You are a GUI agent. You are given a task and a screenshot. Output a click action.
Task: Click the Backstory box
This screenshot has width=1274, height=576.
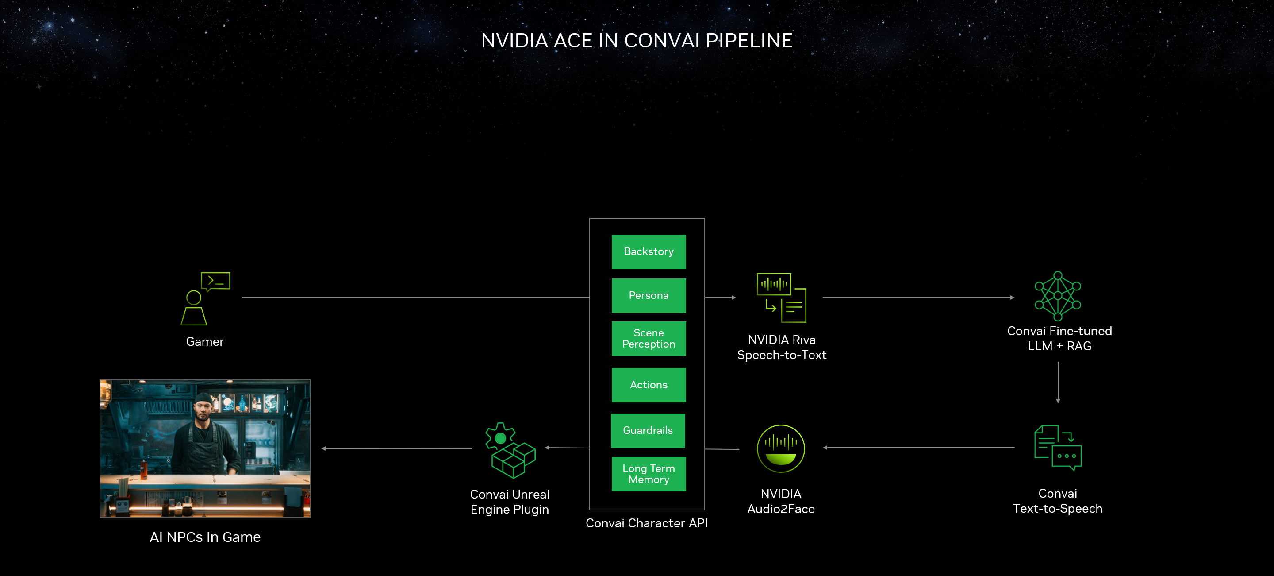pos(649,251)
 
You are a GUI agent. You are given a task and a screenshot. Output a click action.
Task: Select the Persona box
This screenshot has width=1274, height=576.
pos(649,295)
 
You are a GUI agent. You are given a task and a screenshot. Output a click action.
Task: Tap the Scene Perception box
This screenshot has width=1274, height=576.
pos(649,339)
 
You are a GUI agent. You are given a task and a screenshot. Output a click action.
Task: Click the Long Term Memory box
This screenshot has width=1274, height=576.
pos(649,474)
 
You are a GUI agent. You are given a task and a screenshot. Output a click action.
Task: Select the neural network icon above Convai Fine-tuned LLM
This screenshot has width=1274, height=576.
pos(1057,296)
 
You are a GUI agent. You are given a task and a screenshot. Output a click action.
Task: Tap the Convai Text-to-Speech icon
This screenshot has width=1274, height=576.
pos(1057,448)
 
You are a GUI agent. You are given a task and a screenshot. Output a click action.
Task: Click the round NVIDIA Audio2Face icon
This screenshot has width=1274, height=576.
pos(780,448)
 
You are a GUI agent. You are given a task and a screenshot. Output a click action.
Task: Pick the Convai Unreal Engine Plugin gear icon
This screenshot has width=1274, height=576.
pos(510,450)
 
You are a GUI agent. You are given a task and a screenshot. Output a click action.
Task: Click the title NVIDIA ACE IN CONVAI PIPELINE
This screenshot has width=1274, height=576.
pos(637,41)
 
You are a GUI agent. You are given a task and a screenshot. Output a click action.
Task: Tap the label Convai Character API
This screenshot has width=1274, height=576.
pos(646,523)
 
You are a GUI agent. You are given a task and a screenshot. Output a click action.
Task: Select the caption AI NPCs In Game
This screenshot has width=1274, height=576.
pos(205,537)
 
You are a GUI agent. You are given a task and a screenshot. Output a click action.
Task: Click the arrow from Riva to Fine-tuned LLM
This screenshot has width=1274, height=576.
pos(918,298)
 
